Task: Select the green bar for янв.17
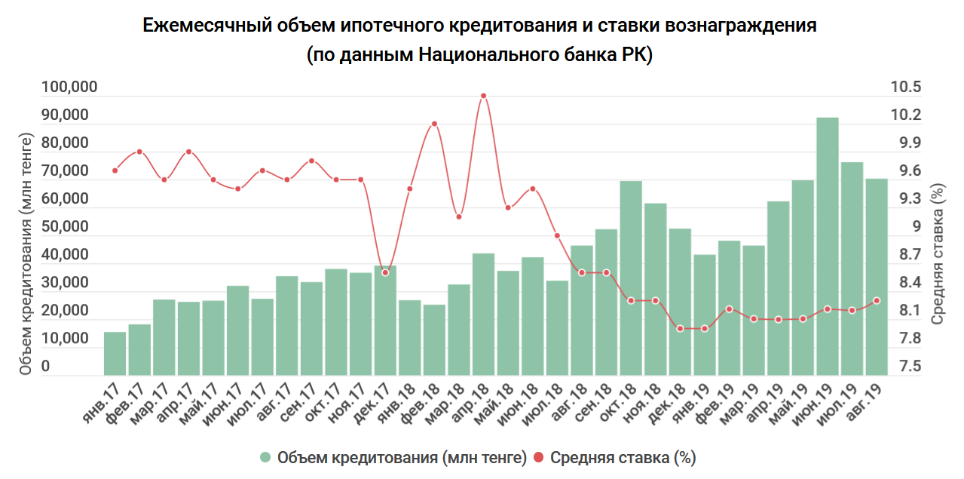pos(115,354)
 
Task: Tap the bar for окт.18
pos(631,278)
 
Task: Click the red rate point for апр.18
pos(483,96)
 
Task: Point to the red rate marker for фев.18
pos(434,124)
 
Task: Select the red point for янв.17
pos(115,170)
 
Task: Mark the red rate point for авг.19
pos(876,301)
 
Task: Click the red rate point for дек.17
pos(385,272)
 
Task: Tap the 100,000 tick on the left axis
pos(69,88)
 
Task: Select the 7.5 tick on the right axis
pos(905,367)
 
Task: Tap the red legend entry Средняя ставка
pos(614,458)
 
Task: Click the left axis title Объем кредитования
pos(26,254)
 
